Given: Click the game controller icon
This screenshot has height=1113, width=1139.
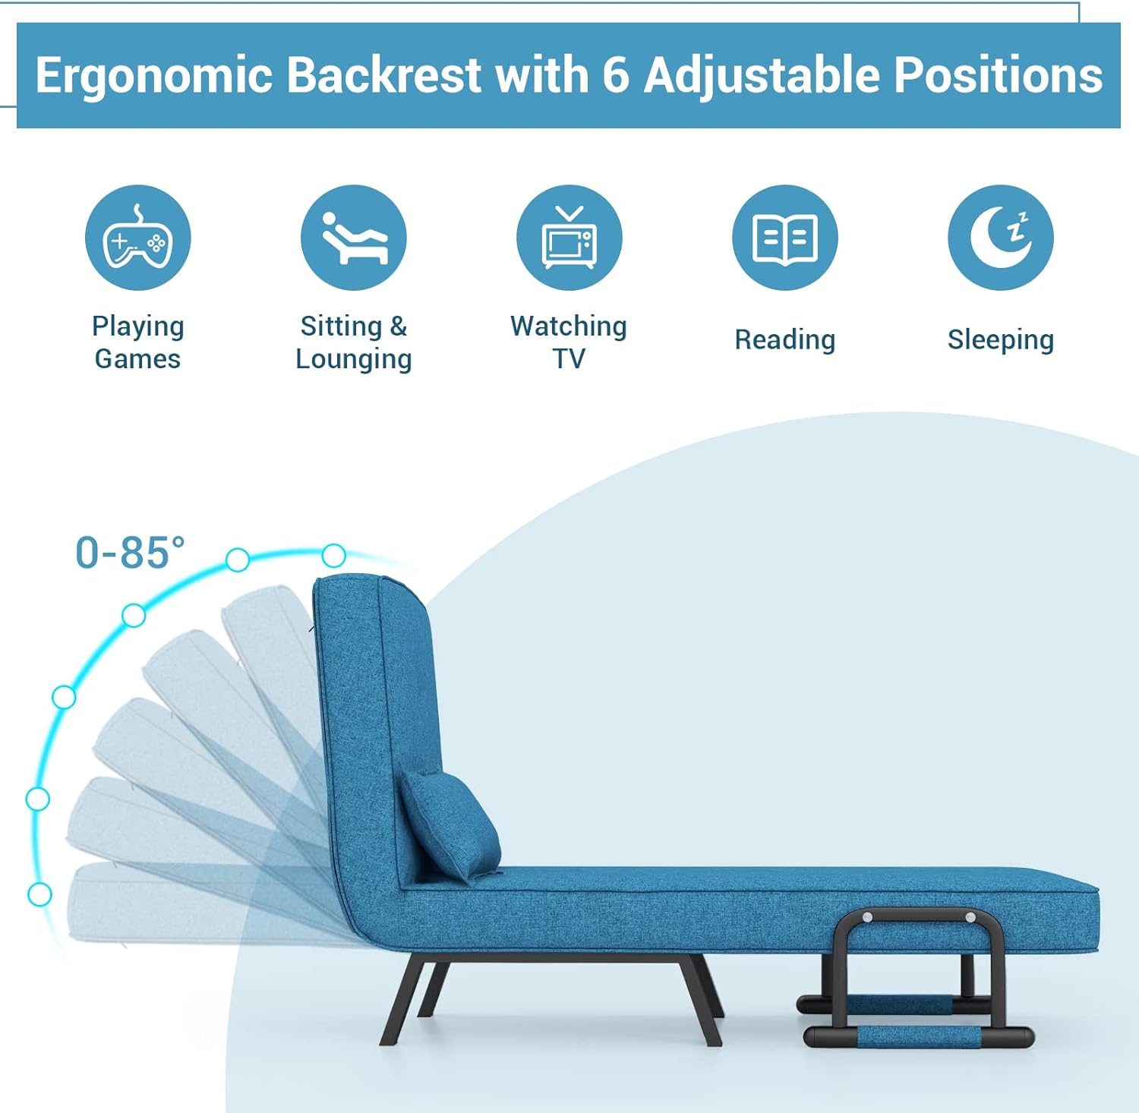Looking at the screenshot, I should tap(137, 238).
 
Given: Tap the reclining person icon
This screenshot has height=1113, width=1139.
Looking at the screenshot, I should tap(353, 238).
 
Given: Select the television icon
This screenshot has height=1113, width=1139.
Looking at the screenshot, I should tap(569, 238).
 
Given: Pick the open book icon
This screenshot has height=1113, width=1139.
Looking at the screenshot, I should tap(784, 238).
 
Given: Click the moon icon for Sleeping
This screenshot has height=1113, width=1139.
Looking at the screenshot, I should tap(1000, 238).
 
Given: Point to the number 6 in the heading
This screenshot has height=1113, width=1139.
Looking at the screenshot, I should tap(615, 75).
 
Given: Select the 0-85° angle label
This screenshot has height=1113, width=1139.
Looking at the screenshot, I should tap(130, 553).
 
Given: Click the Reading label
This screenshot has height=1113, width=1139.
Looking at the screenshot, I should tap(784, 339).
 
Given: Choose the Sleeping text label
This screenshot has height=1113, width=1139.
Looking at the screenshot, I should tap(1000, 339).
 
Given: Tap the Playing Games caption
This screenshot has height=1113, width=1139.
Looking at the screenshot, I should tap(137, 342).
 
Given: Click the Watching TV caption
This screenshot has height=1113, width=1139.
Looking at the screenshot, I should tap(569, 342).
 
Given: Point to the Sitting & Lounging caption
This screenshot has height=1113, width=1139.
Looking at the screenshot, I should tap(353, 342).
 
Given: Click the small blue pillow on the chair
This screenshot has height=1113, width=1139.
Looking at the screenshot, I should tap(450, 824).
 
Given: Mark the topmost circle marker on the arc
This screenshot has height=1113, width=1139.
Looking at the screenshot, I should tap(333, 556).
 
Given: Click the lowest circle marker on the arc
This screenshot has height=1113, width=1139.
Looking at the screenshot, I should tap(39, 894).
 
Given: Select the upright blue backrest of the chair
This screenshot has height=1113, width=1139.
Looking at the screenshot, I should tap(372, 721).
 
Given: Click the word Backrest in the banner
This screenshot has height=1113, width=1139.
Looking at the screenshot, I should tap(384, 75).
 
